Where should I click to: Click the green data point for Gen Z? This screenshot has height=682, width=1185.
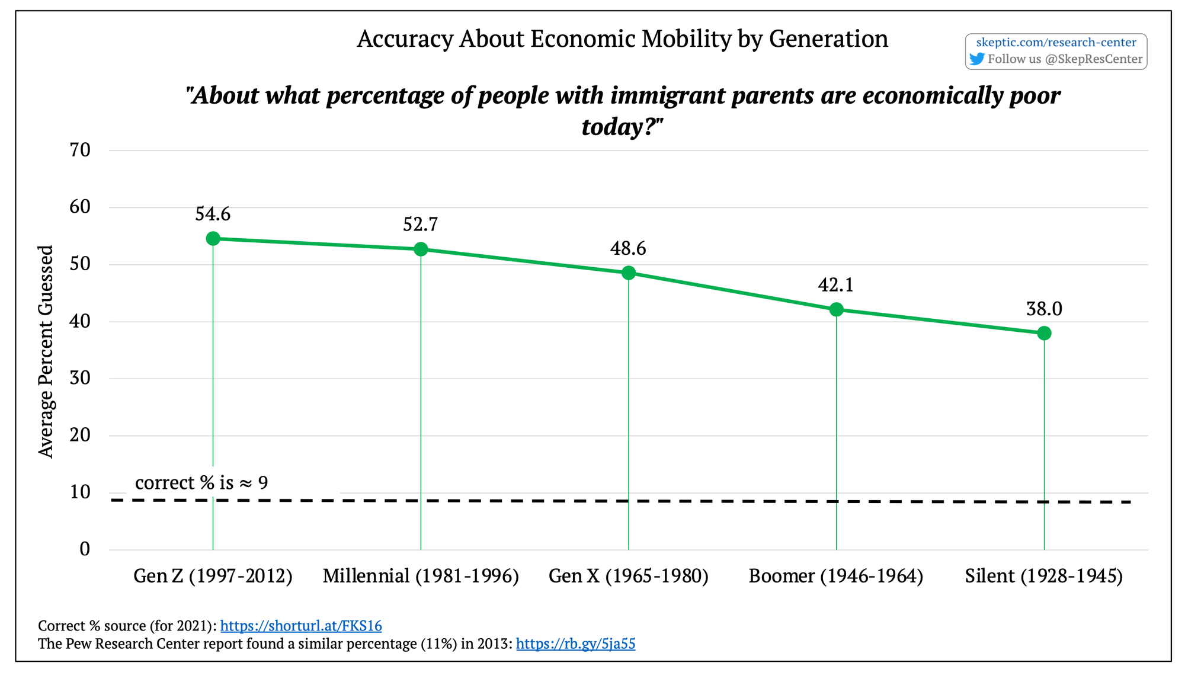click(x=213, y=238)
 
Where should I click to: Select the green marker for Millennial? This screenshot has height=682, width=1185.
click(x=421, y=249)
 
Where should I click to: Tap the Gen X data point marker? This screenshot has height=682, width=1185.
click(x=629, y=273)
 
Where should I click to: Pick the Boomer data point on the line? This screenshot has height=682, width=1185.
click(x=836, y=309)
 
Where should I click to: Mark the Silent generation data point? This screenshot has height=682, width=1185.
click(x=1044, y=333)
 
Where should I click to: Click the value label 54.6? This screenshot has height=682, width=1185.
click(x=213, y=214)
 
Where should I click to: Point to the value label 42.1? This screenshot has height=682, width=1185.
click(x=835, y=285)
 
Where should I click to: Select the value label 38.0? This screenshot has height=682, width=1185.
click(x=1044, y=309)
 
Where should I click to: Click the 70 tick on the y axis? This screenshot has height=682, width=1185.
click(x=80, y=150)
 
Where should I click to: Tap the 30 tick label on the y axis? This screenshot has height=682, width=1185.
click(x=80, y=378)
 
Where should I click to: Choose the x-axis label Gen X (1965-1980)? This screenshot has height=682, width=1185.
click(x=629, y=576)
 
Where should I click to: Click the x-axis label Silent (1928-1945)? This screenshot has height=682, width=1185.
click(x=1044, y=576)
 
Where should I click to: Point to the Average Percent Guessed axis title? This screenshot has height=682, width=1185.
click(x=46, y=351)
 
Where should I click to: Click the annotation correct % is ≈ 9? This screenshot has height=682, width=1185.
click(x=201, y=482)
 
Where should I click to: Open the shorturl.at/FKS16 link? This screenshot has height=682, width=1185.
click(x=301, y=626)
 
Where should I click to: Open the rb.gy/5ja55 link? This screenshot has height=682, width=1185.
click(x=575, y=643)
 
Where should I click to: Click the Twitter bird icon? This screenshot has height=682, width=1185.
click(x=976, y=59)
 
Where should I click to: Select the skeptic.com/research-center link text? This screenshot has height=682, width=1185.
click(x=1056, y=42)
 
